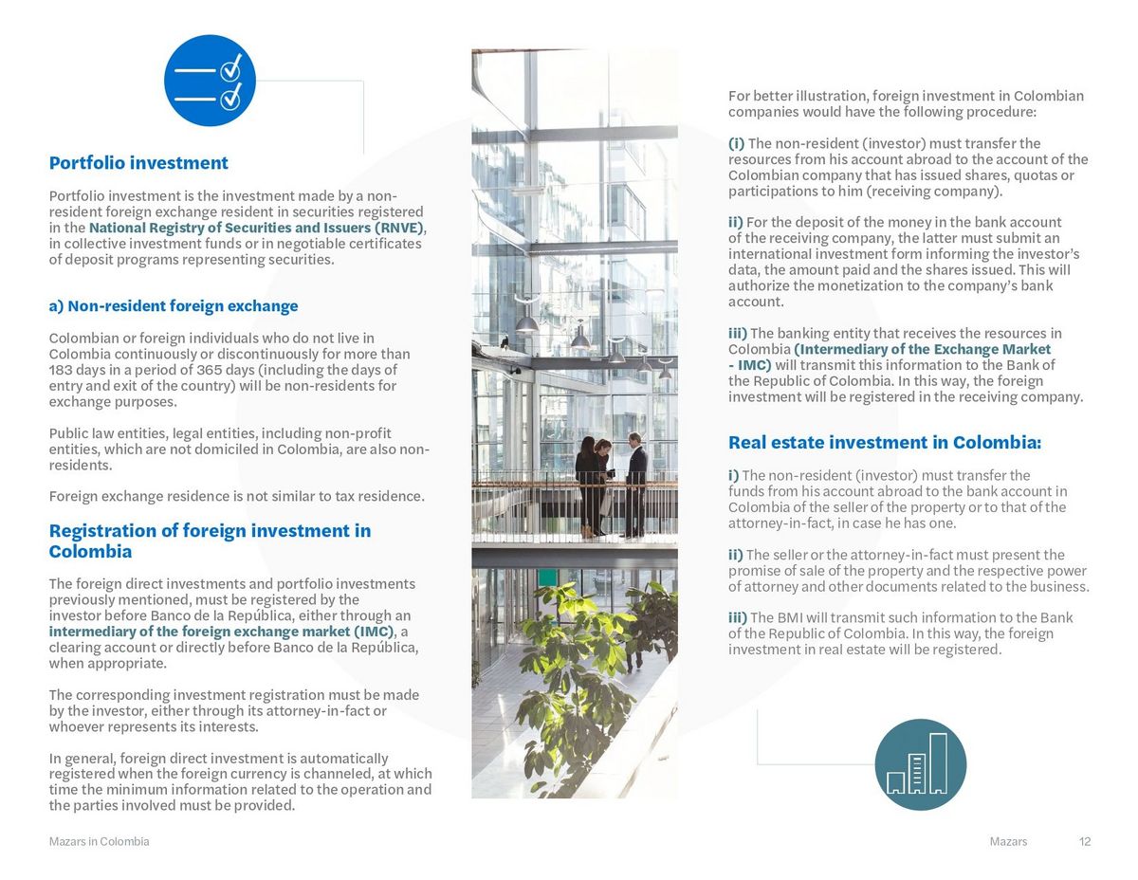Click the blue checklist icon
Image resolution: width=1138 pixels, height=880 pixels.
pos(210,81)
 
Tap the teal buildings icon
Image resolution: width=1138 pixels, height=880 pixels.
pos(920,764)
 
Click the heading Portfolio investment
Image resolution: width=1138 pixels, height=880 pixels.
pos(138,163)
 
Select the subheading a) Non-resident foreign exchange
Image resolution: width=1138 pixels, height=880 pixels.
pos(174,306)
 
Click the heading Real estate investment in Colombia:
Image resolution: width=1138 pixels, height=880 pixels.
pos(884,443)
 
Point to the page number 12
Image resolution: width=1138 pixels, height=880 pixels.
pos(1085,842)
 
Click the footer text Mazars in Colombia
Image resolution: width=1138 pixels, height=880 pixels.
pos(99,842)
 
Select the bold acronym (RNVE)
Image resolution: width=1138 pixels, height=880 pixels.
pos(398,228)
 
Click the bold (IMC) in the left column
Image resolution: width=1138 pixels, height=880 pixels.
pos(373,632)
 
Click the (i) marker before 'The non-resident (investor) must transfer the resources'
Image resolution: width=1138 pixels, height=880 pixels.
pos(736,144)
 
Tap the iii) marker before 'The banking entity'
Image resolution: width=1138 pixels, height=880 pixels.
pos(738,334)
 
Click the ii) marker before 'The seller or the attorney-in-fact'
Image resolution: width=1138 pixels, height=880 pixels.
pos(736,555)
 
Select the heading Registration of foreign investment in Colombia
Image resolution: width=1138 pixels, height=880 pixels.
pos(210,541)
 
